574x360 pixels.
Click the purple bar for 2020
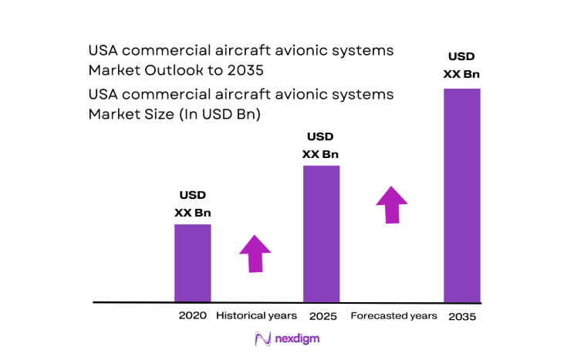tap(192, 263)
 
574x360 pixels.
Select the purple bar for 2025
tap(321, 234)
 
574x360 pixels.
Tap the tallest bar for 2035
tap(461, 195)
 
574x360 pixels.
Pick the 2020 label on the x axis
tap(192, 316)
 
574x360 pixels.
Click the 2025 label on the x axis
tap(322, 316)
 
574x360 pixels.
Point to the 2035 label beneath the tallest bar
tap(461, 316)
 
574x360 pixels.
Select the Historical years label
tap(256, 316)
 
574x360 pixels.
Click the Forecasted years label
tap(393, 316)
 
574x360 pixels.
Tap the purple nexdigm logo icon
tap(262, 338)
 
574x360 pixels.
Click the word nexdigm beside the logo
tap(297, 338)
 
